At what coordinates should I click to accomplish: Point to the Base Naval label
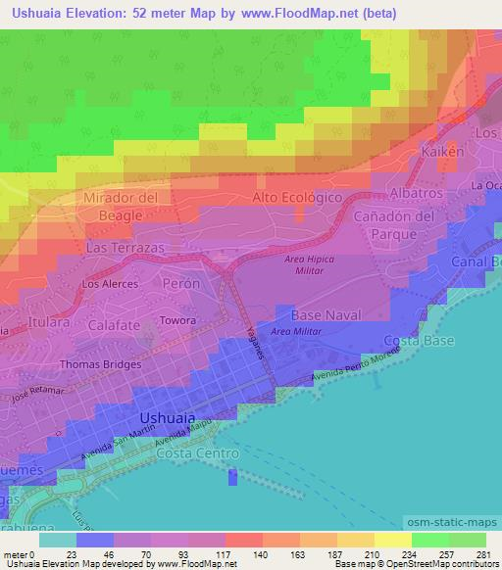tap(326, 315)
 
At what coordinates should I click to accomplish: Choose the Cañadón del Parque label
tap(394, 224)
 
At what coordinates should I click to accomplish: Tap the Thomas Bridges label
tap(101, 364)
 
